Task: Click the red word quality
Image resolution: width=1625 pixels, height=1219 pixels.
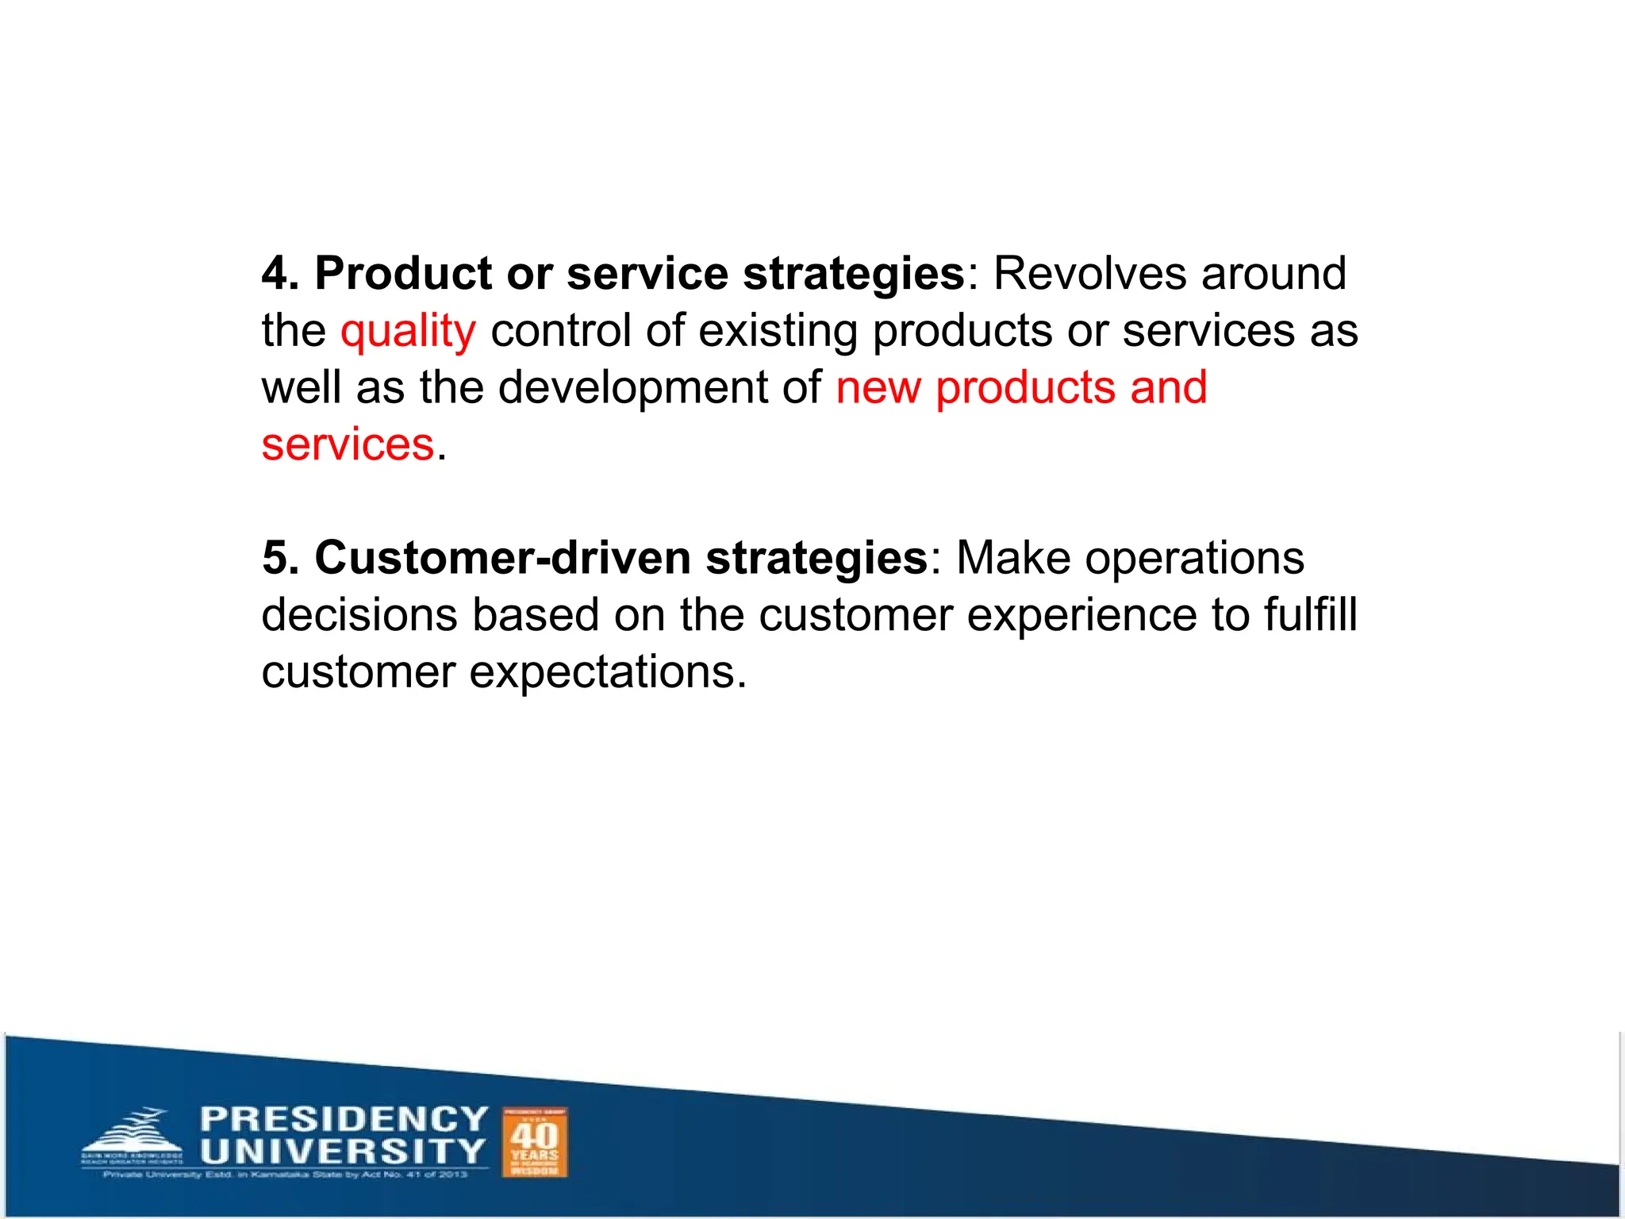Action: coord(408,332)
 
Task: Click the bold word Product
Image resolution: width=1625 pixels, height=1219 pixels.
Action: coord(403,274)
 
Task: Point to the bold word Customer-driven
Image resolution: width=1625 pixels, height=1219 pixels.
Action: coord(502,558)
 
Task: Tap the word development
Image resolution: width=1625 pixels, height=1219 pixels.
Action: coord(633,388)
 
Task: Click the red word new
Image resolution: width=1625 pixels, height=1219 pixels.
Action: coord(878,388)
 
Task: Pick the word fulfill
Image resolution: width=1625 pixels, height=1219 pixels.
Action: coord(1310,615)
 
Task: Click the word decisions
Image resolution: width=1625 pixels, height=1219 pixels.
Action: coord(359,615)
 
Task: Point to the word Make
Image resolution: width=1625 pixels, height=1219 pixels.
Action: coord(1013,558)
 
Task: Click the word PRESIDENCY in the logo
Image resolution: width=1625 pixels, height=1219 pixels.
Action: coord(344,1119)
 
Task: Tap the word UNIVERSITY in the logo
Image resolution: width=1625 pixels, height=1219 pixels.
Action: coord(342,1151)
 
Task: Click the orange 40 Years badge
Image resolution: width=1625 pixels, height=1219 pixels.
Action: coord(535,1143)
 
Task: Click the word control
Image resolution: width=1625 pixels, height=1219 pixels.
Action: coord(560,332)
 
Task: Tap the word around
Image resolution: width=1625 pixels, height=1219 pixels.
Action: coord(1273,274)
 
